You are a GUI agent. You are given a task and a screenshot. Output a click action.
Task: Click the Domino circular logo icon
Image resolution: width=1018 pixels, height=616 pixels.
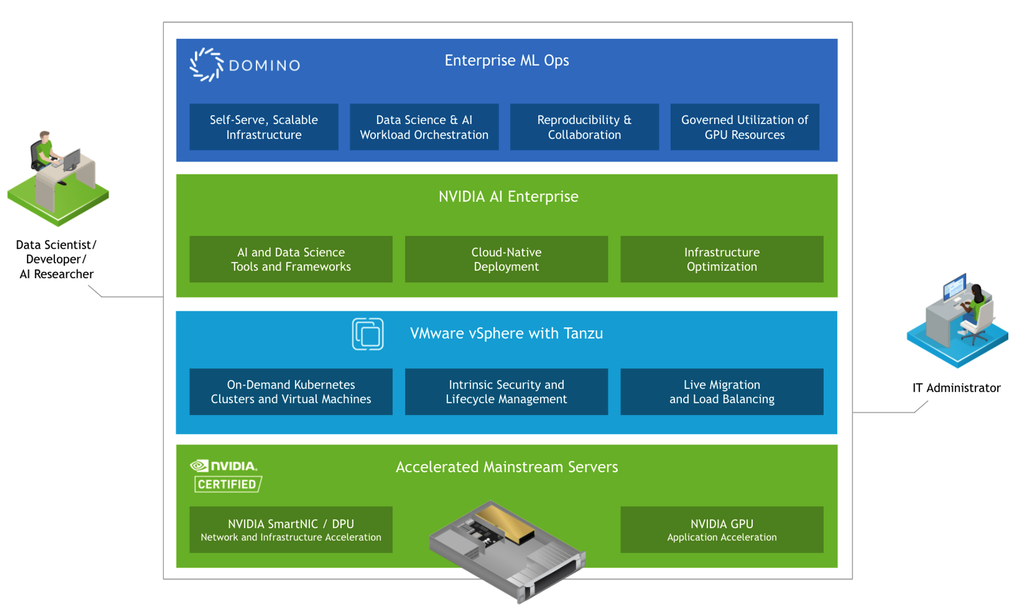206,65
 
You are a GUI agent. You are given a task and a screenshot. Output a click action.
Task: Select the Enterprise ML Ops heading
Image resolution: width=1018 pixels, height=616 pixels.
506,60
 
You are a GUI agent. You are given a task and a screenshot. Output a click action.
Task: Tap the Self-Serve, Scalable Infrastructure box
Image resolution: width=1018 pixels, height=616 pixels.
264,127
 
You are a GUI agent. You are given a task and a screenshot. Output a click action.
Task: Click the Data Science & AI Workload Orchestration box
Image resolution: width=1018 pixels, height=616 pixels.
424,127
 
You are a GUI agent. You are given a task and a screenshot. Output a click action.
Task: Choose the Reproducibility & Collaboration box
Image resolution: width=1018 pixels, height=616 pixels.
584,127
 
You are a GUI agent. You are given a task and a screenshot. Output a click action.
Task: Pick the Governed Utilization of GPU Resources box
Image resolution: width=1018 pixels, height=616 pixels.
744,127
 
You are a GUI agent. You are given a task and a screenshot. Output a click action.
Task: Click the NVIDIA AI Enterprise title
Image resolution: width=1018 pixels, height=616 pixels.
508,197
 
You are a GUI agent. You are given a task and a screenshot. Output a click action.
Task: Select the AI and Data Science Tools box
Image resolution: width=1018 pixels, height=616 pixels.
291,259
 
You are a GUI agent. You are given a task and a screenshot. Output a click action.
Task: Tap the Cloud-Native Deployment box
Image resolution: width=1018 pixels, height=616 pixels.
506,259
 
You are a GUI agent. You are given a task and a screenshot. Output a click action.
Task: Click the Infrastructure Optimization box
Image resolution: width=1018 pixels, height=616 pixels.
721,259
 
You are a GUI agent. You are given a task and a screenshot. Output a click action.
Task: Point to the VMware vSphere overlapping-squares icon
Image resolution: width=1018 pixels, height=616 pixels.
367,334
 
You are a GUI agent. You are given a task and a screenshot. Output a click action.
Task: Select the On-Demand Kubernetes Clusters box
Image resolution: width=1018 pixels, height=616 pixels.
291,392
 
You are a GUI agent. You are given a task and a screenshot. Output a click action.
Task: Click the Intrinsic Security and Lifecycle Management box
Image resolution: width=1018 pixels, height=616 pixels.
506,392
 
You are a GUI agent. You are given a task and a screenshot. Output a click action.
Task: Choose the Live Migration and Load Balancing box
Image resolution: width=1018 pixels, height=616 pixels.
721,392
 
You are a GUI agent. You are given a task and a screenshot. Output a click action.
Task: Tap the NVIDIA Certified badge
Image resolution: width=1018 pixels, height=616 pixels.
226,476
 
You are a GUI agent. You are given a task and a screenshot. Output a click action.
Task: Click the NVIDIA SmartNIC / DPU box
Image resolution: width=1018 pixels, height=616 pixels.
291,530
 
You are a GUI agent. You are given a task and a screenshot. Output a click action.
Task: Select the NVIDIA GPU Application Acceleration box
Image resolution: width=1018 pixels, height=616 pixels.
721,530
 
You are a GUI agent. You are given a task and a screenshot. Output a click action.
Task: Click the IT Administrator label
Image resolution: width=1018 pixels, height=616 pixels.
956,388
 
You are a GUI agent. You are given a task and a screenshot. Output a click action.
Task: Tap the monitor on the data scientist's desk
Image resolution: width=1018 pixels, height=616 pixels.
72,159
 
